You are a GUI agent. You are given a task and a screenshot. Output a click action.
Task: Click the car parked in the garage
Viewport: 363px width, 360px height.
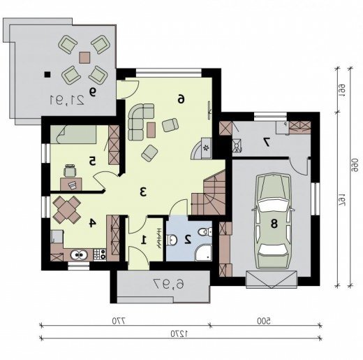(x=274, y=221)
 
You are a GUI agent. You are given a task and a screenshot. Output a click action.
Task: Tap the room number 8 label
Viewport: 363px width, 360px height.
(x=274, y=224)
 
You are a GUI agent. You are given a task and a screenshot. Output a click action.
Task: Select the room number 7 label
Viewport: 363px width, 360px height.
(x=267, y=142)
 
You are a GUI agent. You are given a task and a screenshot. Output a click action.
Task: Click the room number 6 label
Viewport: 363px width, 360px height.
(x=181, y=99)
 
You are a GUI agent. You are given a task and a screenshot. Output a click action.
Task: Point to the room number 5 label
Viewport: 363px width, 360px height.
(x=92, y=161)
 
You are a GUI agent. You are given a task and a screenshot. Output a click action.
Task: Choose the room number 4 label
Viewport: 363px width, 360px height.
(x=93, y=223)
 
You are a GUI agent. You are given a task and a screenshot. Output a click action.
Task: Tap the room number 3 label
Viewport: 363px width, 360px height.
(x=143, y=192)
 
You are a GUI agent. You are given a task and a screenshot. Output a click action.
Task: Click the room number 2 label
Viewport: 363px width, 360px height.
(x=188, y=239)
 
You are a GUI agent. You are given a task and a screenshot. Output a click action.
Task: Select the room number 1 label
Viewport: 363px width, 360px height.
(x=145, y=240)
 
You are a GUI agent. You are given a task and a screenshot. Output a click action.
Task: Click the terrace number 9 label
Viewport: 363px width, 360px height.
(x=92, y=92)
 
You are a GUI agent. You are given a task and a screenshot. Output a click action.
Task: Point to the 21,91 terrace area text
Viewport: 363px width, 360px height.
(x=67, y=100)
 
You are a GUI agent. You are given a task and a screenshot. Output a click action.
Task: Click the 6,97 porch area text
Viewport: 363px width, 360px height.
(x=169, y=285)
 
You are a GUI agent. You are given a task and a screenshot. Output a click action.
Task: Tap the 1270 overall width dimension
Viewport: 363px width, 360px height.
(x=179, y=333)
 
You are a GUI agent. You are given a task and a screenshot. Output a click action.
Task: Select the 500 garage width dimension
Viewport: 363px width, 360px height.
(x=264, y=321)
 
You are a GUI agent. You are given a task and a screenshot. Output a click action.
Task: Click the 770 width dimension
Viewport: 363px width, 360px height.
(x=119, y=321)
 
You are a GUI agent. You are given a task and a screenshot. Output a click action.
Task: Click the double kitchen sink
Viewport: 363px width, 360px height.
(x=79, y=255)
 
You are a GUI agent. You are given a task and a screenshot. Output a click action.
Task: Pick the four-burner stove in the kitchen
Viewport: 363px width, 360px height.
(x=100, y=254)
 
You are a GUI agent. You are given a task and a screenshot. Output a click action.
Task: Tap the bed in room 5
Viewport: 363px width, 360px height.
(x=73, y=134)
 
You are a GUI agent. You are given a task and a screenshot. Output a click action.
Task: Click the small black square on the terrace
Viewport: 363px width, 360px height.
(x=47, y=74)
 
